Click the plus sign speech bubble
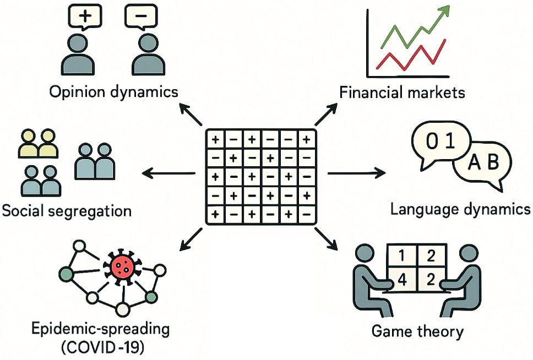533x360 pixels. [85, 17]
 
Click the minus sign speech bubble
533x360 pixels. [142, 17]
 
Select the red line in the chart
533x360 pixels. [412, 57]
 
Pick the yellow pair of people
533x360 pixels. [38, 144]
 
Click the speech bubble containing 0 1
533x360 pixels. [440, 144]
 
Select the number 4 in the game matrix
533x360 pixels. [403, 280]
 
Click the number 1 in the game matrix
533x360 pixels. [402, 255]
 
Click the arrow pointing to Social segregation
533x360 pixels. [168, 173]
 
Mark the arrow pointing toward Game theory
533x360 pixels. [327, 239]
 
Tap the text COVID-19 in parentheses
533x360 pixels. [103, 347]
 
